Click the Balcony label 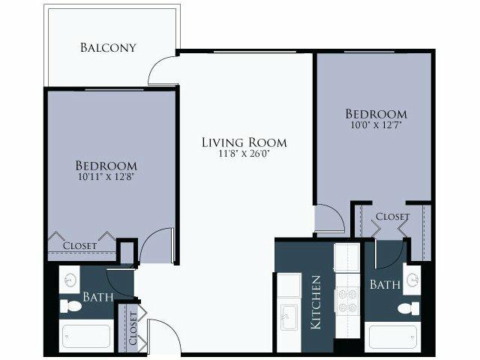click(108, 48)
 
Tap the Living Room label click(244, 142)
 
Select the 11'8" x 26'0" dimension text click(244, 154)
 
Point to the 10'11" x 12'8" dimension click(106, 177)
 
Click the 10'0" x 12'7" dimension click(376, 125)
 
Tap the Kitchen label click(316, 303)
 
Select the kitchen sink click(289, 317)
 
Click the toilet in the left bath click(70, 306)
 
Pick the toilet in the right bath click(409, 308)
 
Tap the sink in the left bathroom click(70, 280)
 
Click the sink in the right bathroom click(412, 280)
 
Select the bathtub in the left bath click(86, 336)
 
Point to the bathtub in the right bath click(393, 337)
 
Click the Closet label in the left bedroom click(80, 246)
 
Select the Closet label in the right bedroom click(392, 217)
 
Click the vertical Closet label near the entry click(133, 328)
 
